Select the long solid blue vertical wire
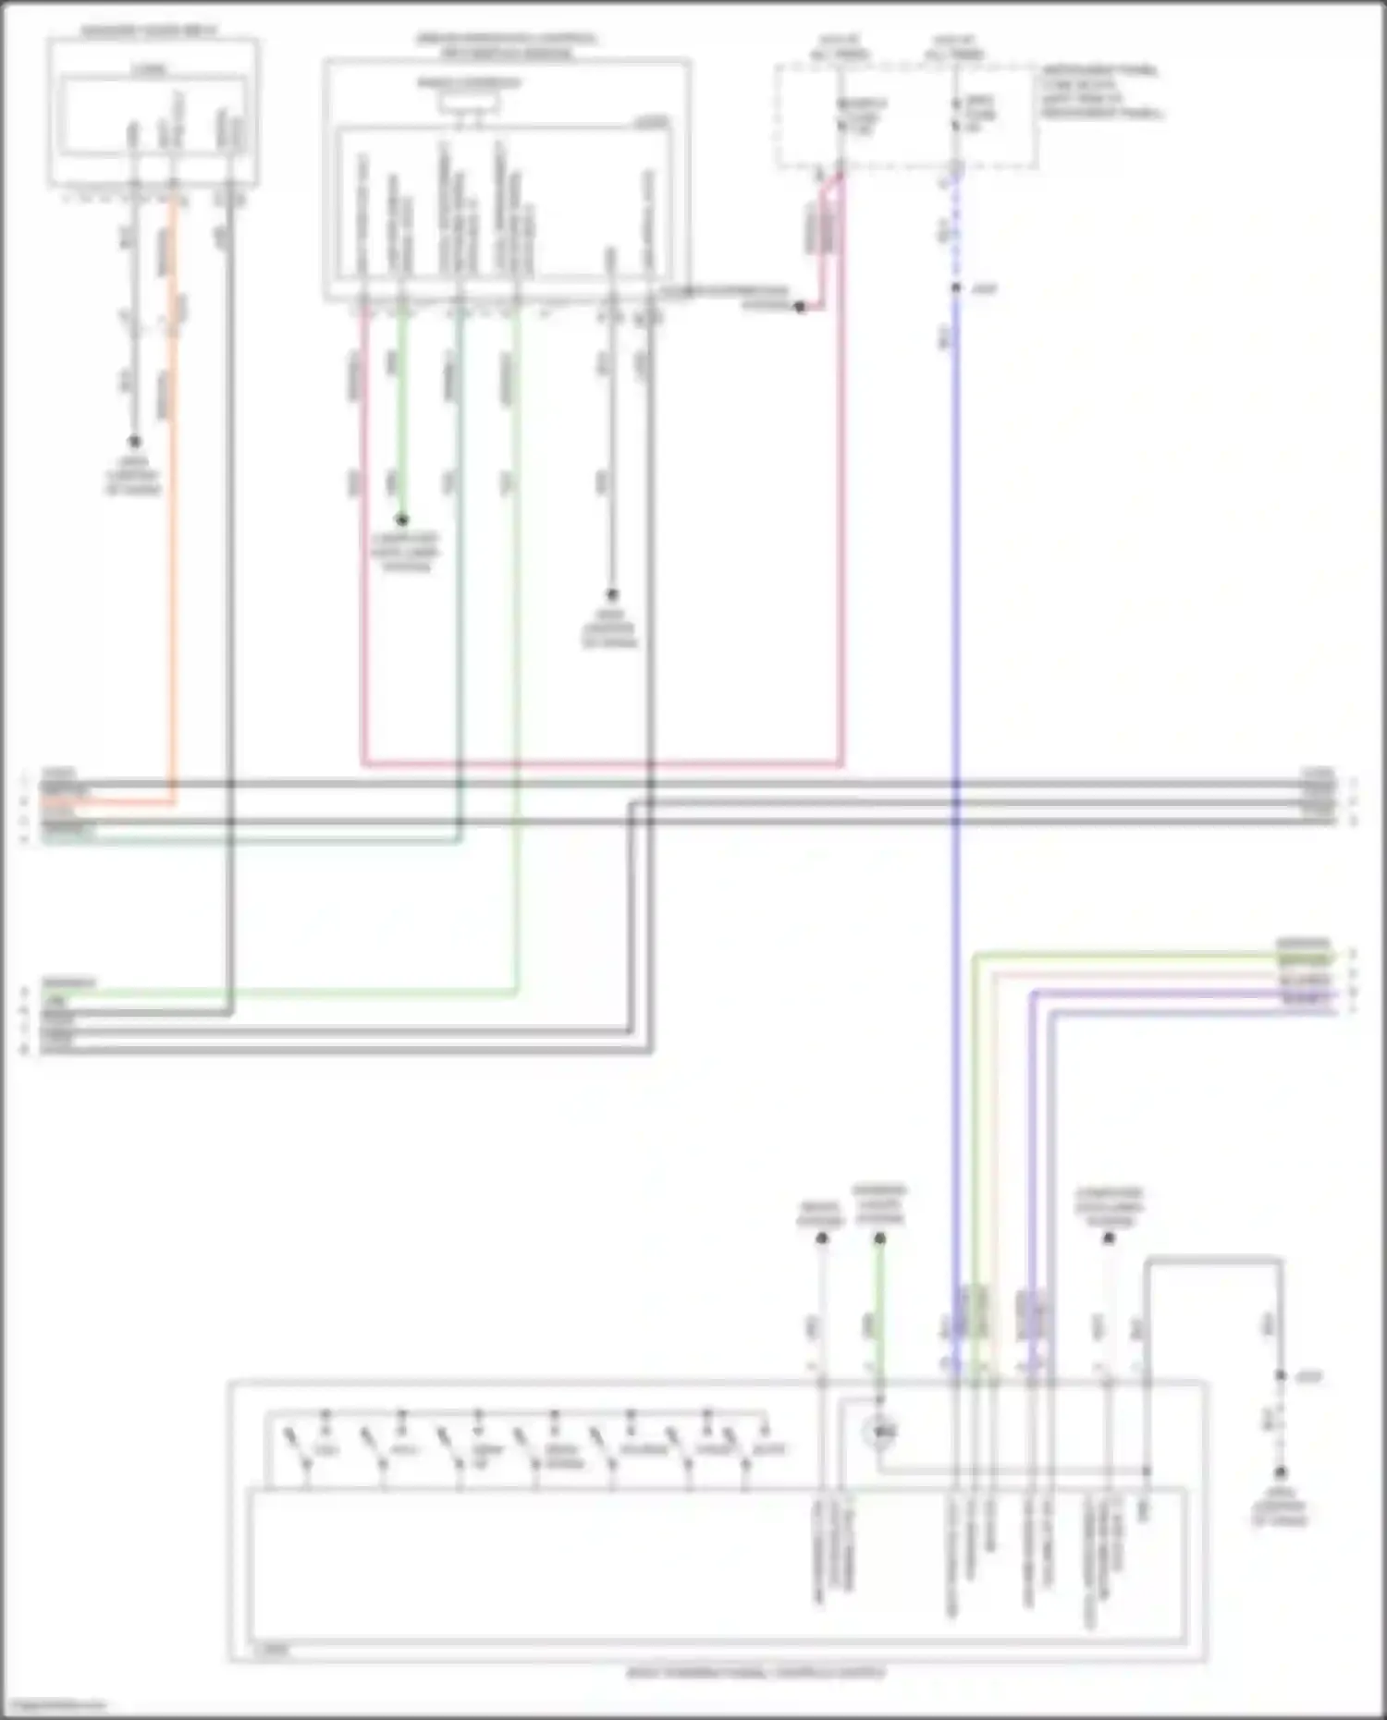tap(955, 647)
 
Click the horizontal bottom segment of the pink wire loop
tap(601, 764)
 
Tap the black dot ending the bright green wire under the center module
tap(402, 520)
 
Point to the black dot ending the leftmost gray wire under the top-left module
tap(134, 442)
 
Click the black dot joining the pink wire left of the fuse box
tap(800, 307)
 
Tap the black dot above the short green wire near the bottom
tap(879, 1238)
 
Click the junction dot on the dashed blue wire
tap(956, 288)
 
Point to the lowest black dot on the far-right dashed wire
tap(1281, 1471)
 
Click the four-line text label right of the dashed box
tap(1100, 91)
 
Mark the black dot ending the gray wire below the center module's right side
tap(611, 595)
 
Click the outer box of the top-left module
tap(153, 113)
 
